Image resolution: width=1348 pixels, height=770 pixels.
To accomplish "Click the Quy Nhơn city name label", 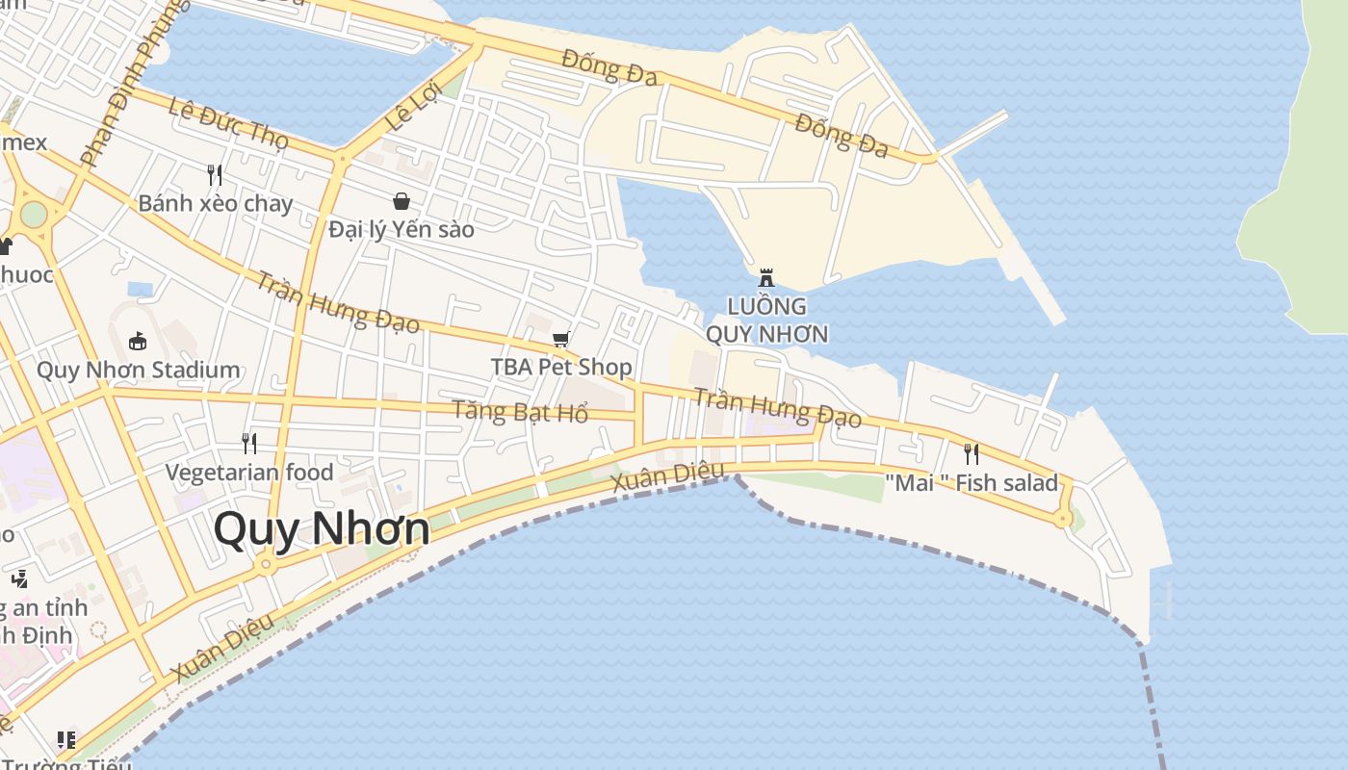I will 322,529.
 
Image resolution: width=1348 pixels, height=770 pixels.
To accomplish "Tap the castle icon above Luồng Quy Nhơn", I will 766,277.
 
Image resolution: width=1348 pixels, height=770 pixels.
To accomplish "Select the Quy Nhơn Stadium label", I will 138,370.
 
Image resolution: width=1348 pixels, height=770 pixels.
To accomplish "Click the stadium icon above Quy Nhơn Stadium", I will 138,341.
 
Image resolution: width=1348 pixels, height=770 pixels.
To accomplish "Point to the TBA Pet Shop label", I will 561,367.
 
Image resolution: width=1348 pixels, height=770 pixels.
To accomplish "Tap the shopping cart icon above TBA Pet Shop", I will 561,339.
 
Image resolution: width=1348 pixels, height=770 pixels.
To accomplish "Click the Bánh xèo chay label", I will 215,203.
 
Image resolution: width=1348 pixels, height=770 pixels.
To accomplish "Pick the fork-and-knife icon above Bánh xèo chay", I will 215,174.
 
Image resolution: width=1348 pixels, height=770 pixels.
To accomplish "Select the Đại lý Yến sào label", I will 402,229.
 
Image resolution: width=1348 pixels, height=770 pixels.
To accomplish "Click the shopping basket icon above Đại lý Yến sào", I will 402,201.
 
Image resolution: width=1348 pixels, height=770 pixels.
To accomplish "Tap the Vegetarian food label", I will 249,472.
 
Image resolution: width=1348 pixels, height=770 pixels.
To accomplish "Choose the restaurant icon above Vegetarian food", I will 249,443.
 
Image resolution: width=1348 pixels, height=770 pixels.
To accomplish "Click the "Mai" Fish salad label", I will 972,482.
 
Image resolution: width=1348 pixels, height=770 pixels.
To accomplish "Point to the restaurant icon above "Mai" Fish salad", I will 972,453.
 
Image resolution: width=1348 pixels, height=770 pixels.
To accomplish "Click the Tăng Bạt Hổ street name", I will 520,412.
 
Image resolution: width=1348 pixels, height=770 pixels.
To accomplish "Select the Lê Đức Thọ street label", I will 228,123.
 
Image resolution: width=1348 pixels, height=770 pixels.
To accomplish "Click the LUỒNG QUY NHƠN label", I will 766,321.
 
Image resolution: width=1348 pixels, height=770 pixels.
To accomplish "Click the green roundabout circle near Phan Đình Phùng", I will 34,214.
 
